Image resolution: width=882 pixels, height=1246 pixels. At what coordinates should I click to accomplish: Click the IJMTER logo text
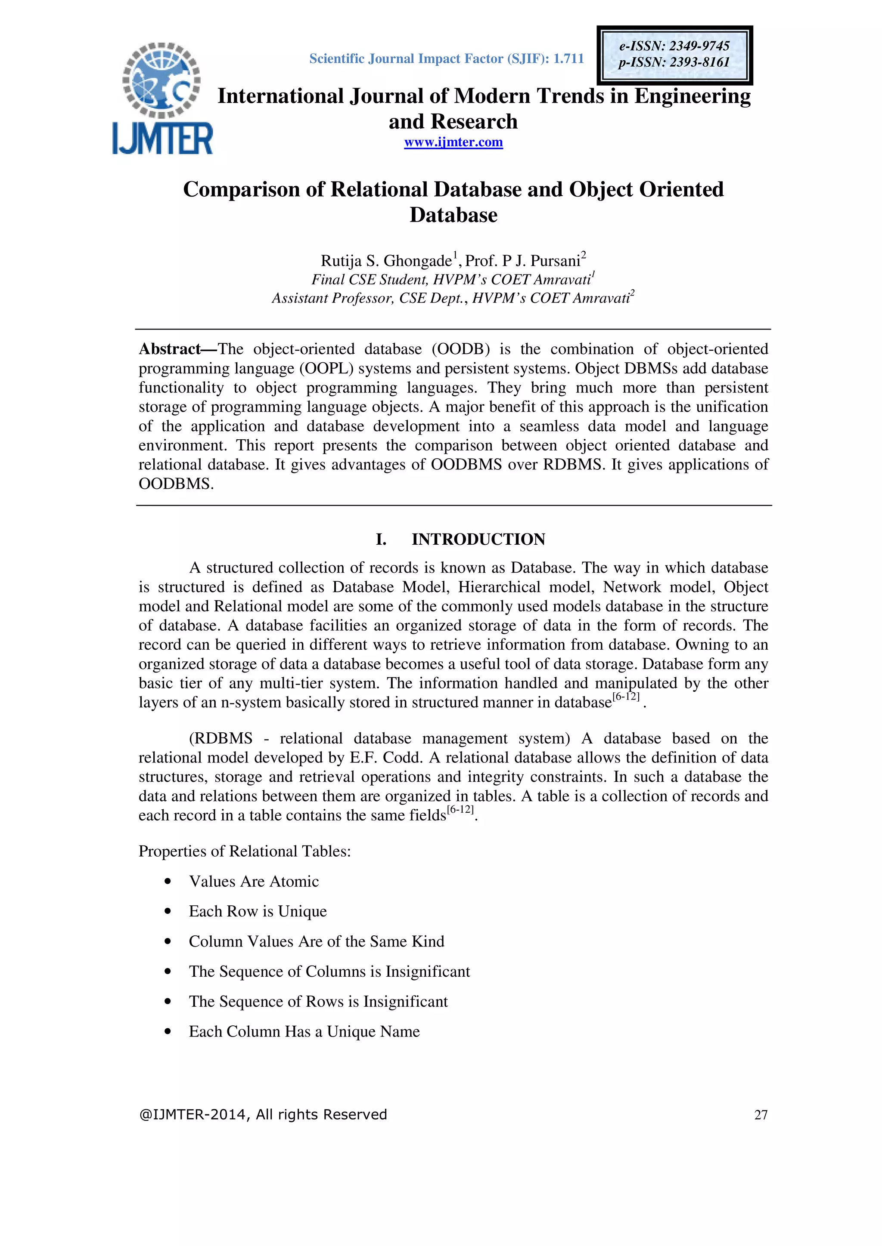(x=162, y=139)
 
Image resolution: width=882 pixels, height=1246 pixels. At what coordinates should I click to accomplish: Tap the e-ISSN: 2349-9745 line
(x=674, y=46)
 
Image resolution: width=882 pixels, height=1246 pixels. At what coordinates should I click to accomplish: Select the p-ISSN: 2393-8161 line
(x=674, y=62)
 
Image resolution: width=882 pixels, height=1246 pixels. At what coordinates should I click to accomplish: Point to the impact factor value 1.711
(x=568, y=59)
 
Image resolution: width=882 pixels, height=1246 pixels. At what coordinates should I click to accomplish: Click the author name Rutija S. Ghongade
(x=386, y=261)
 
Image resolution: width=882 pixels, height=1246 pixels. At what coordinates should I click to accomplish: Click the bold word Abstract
(x=170, y=349)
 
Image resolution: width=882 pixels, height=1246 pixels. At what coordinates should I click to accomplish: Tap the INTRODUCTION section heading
(x=478, y=540)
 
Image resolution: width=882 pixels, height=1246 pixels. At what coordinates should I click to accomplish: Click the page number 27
(x=761, y=1115)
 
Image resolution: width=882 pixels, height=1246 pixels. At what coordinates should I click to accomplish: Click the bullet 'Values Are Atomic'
(x=254, y=881)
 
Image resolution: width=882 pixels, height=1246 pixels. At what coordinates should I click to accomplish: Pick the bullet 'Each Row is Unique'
(x=258, y=911)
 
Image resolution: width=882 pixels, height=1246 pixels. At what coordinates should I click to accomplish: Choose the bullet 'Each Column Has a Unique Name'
(x=304, y=1032)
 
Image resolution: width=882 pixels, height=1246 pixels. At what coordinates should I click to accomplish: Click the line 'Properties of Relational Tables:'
(x=244, y=851)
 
